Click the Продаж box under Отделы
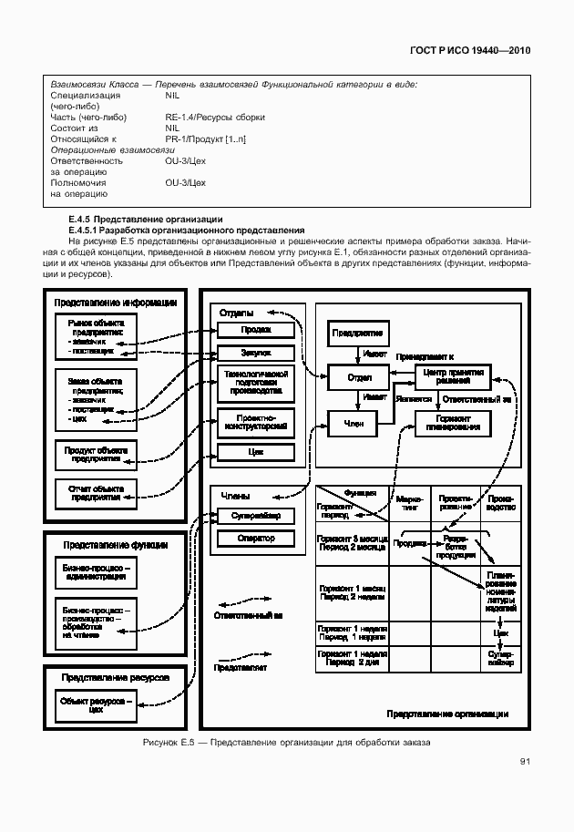[x=256, y=330]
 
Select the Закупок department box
[x=256, y=353]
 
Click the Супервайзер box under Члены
[x=256, y=516]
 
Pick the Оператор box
[x=256, y=539]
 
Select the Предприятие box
[x=358, y=334]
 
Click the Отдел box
[x=358, y=376]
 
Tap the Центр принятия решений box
[x=453, y=375]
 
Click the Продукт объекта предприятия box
[x=96, y=451]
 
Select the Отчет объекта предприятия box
[x=96, y=491]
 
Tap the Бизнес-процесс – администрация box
[x=96, y=570]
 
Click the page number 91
[x=526, y=762]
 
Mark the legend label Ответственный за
[x=248, y=616]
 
